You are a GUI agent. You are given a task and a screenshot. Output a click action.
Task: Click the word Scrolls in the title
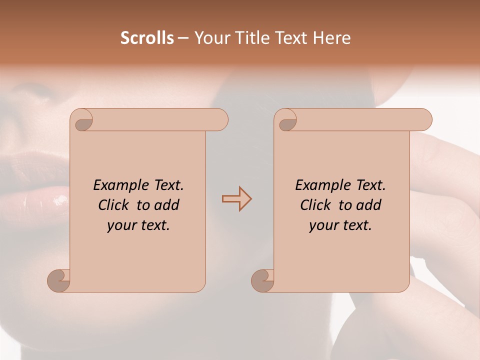[x=147, y=38]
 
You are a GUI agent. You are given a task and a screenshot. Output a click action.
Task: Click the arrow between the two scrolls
[x=236, y=199]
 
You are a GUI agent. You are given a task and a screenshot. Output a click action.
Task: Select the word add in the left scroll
[x=167, y=205]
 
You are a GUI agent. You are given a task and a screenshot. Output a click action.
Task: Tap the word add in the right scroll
[x=369, y=205]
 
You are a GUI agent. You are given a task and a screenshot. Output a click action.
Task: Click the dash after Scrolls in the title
[x=183, y=38]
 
